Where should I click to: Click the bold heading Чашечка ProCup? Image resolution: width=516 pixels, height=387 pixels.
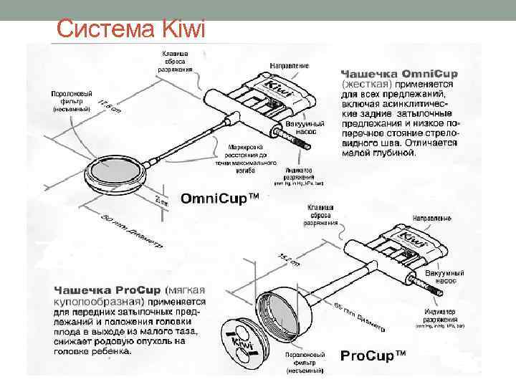coord(107,292)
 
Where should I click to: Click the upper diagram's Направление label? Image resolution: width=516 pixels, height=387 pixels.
coord(289,65)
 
